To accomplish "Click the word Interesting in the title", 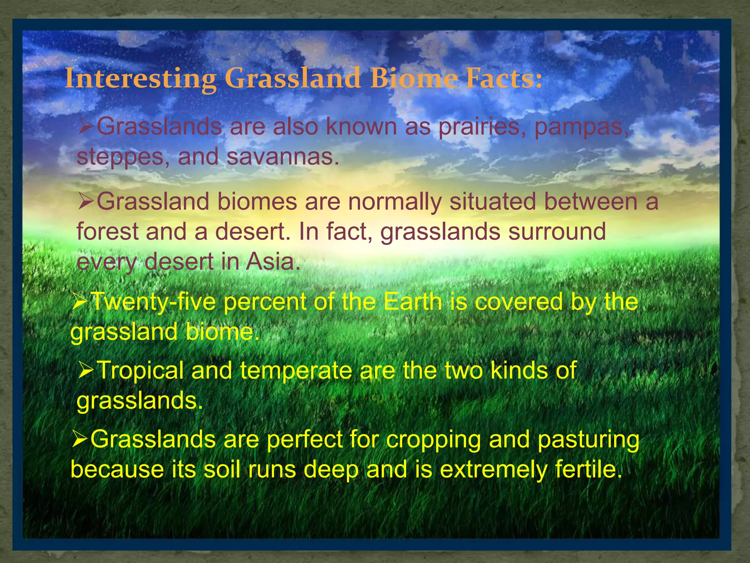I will (x=141, y=78).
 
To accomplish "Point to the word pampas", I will (x=581, y=127).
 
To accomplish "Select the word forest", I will (x=107, y=232).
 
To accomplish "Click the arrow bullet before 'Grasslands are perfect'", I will (x=79, y=439).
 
